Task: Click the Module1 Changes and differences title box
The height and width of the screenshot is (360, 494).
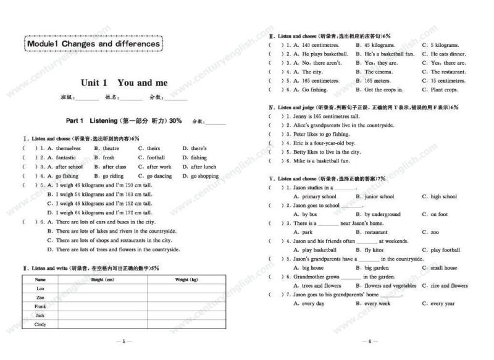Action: (x=93, y=44)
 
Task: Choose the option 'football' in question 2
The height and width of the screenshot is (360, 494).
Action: (x=152, y=157)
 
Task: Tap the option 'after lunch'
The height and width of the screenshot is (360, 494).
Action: (x=199, y=167)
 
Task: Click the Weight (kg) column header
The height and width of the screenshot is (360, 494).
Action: (x=186, y=280)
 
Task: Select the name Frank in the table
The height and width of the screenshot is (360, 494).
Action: (x=41, y=306)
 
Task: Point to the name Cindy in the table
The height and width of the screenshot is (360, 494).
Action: (x=41, y=324)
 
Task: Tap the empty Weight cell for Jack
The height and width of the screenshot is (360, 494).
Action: (x=186, y=316)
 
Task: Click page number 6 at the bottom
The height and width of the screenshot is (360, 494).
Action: (x=369, y=341)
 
